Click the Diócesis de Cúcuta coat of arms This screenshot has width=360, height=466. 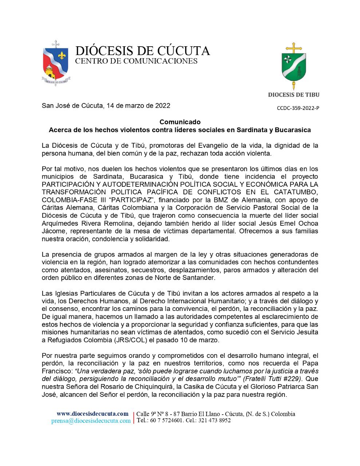(x=55, y=63)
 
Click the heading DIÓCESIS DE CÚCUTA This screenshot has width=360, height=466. (x=142, y=51)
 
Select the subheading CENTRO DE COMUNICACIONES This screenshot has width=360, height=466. (x=136, y=61)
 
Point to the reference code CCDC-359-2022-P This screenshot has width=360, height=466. (x=298, y=108)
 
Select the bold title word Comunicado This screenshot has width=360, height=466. (x=180, y=122)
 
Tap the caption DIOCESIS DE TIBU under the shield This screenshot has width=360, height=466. (x=293, y=95)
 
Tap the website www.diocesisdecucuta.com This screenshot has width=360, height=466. (x=92, y=414)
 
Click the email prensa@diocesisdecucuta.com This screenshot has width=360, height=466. (x=91, y=420)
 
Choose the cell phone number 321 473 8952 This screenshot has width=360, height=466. (x=214, y=420)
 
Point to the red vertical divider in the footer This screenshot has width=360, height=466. (x=134, y=417)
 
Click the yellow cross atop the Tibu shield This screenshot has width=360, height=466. (x=293, y=48)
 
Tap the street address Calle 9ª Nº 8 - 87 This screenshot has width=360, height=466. (x=159, y=414)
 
